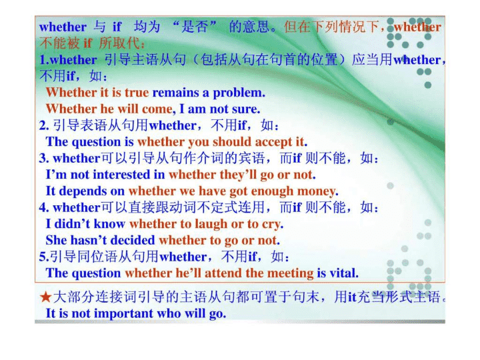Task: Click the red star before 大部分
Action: point(45,297)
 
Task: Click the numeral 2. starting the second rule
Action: point(44,125)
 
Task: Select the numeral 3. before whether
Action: point(44,158)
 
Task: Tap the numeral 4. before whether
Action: point(44,207)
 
